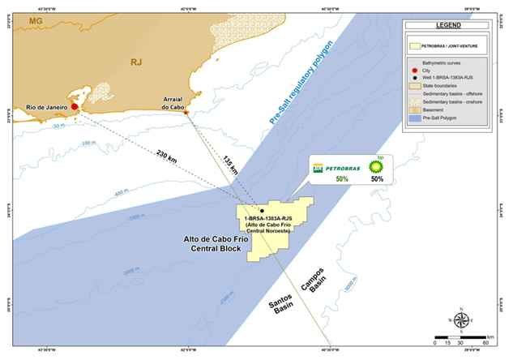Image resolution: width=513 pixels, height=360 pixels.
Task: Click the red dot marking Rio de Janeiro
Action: click(x=74, y=106)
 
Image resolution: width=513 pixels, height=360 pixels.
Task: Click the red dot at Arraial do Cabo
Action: click(x=186, y=113)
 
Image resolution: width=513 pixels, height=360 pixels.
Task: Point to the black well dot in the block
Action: click(x=263, y=211)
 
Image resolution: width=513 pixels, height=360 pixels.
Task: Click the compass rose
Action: click(x=461, y=319)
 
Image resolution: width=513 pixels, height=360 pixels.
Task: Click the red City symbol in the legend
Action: click(x=417, y=71)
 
